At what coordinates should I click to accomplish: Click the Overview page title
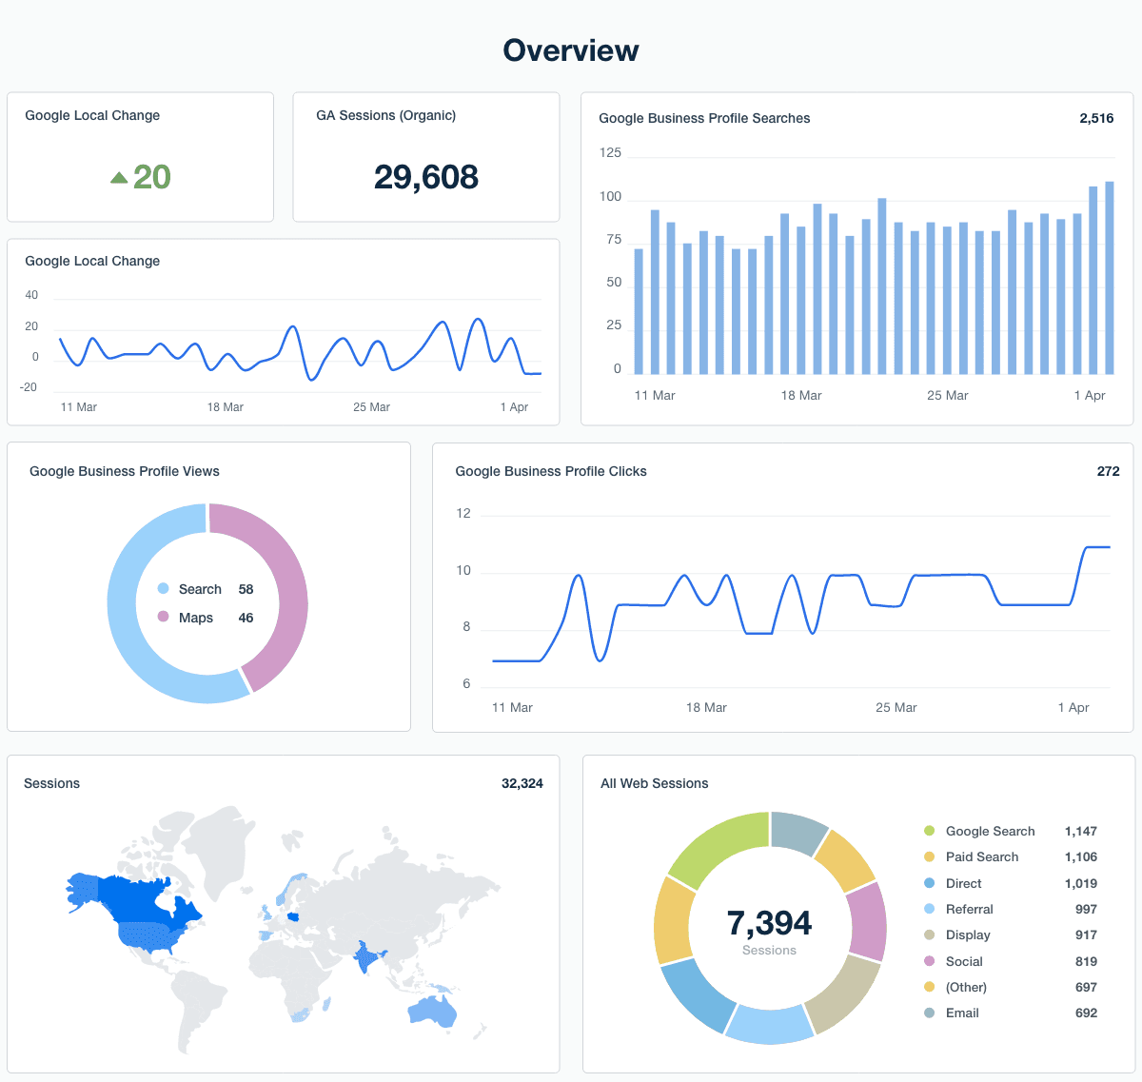[571, 50]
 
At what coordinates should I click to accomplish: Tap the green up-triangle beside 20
[119, 177]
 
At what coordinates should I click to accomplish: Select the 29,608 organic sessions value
[425, 177]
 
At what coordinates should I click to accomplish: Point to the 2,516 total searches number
[1096, 118]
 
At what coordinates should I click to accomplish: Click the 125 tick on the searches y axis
[610, 152]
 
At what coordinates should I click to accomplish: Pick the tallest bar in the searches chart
[1110, 277]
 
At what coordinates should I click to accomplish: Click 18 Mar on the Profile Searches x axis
[801, 395]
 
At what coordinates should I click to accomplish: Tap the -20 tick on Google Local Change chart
[29, 387]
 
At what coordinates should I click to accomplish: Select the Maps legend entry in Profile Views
[195, 618]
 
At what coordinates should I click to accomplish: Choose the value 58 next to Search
[246, 589]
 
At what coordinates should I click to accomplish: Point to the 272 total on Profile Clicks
[1108, 471]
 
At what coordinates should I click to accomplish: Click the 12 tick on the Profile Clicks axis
[463, 513]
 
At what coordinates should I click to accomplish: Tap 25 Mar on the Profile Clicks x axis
[896, 707]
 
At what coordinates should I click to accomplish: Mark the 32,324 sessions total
[522, 783]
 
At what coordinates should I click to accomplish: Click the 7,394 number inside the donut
[769, 923]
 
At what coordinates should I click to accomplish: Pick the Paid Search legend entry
[981, 856]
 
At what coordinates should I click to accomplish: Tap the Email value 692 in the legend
[1086, 1013]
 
